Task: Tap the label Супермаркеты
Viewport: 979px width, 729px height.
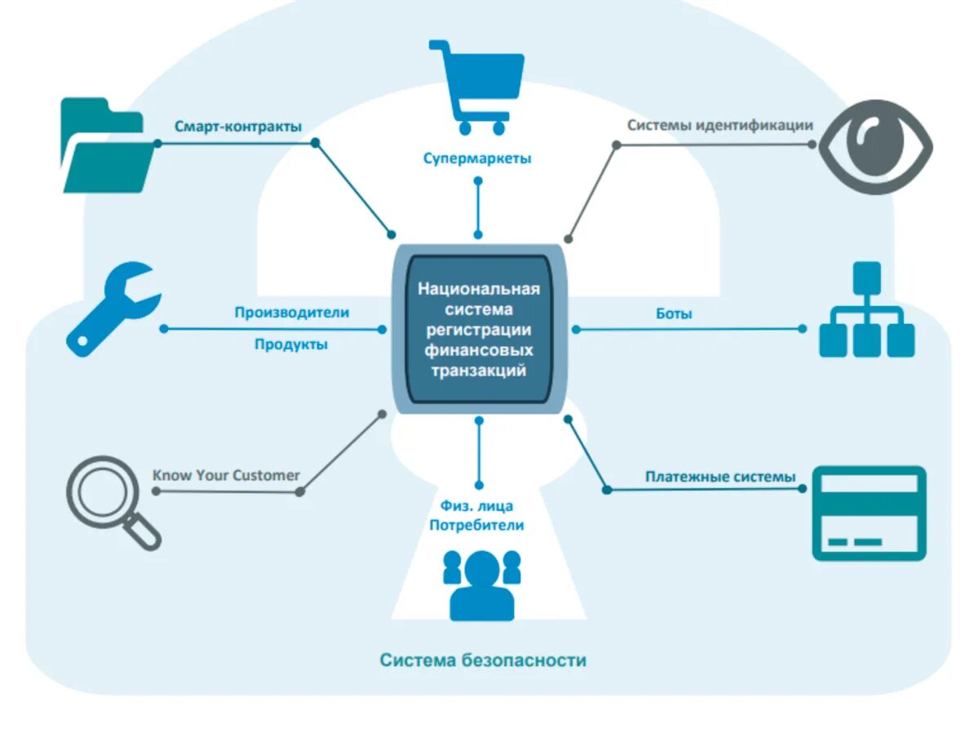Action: coord(477,158)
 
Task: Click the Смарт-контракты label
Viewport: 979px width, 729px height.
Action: coord(238,127)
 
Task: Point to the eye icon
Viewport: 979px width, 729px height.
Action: coord(875,147)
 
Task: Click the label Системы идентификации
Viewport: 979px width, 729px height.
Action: coord(720,126)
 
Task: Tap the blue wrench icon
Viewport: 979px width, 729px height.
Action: coord(112,308)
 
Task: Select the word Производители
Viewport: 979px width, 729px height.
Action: coord(291,312)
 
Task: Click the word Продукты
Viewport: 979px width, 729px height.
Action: coord(291,344)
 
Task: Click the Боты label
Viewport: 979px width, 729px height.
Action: coord(674,313)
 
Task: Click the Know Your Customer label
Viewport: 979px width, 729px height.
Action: coord(226,475)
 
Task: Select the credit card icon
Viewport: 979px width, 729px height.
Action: coord(869,513)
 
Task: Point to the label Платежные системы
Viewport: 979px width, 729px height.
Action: coord(720,477)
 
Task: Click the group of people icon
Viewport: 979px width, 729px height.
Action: coord(481,583)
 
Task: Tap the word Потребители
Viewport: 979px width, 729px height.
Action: coord(477,526)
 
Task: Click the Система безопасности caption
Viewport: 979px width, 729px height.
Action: coord(483,660)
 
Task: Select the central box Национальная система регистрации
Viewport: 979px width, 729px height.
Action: coord(479,329)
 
